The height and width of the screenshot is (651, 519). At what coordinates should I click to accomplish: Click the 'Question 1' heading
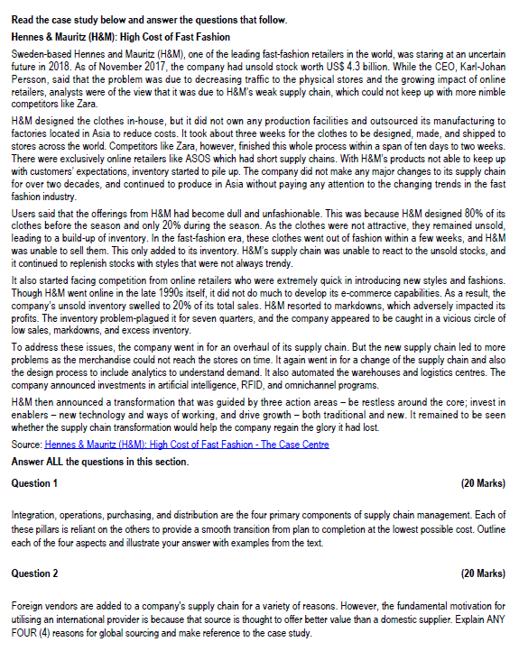33,482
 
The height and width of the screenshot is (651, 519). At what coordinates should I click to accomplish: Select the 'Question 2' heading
33,573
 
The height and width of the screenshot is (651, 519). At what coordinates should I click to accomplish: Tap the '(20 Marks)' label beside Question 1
482,482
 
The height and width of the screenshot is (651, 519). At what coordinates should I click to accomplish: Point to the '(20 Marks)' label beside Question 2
482,573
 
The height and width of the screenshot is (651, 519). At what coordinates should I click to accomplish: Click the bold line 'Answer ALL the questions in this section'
99,462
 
